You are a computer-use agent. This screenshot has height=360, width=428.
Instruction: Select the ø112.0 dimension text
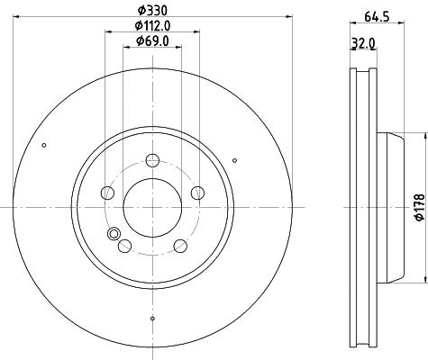(151, 25)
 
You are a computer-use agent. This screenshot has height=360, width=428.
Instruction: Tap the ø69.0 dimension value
(151, 40)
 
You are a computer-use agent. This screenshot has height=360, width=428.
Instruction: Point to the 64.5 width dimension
(369, 15)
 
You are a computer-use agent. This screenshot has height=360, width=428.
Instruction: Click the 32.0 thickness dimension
(362, 42)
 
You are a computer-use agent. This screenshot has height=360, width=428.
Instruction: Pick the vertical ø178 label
(417, 208)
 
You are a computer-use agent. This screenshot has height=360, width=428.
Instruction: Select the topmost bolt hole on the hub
(152, 161)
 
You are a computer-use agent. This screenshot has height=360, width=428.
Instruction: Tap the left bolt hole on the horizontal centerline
(108, 192)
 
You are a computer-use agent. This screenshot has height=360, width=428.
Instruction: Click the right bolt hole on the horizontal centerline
(196, 192)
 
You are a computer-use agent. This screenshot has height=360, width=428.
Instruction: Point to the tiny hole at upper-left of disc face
(43, 146)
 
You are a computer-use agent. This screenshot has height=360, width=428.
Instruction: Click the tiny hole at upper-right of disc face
(234, 160)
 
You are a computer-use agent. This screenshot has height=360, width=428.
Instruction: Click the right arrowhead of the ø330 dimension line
(289, 16)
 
